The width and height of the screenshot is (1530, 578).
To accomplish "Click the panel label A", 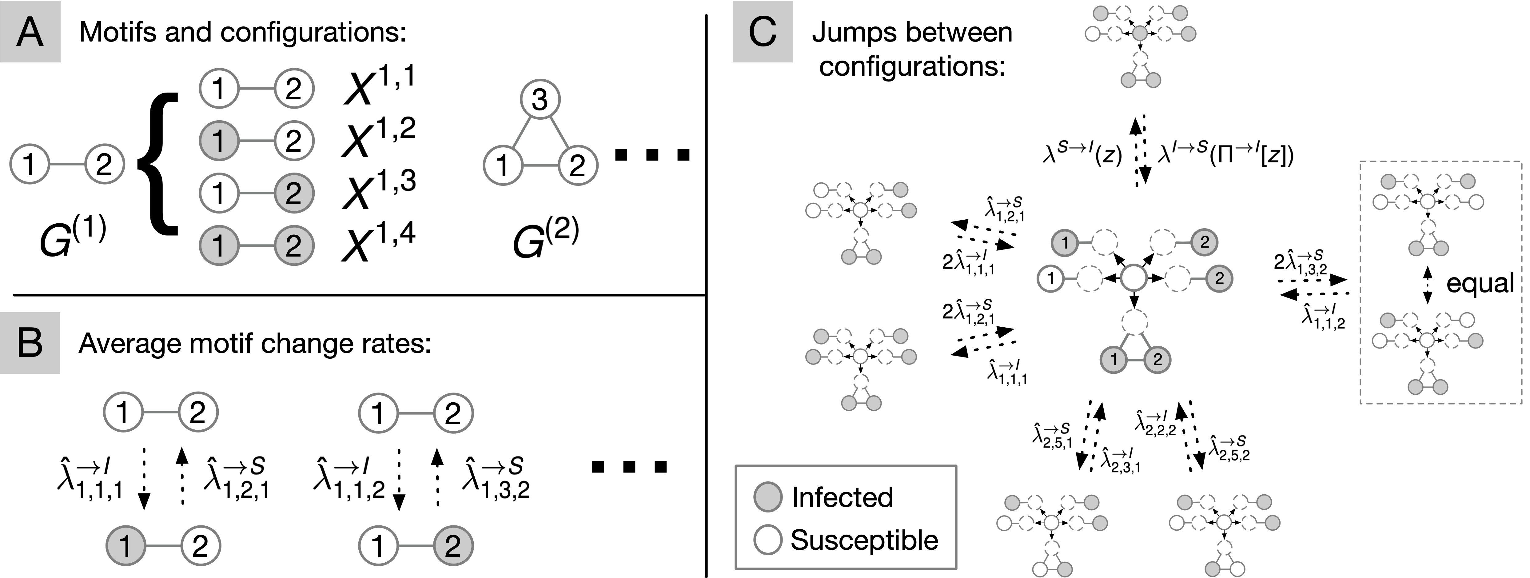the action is click(30, 31).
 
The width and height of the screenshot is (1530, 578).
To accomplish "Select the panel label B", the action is click(30, 343).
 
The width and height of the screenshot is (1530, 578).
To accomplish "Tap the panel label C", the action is click(763, 31).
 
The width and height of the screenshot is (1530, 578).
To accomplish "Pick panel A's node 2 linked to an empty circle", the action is click(294, 193).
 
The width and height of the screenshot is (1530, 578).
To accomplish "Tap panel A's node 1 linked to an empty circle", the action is click(219, 141).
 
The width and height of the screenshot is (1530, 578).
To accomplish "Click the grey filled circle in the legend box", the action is click(767, 496).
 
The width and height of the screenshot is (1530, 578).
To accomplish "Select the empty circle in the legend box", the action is click(767, 539).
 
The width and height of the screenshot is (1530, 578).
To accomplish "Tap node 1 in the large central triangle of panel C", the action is click(1114, 359).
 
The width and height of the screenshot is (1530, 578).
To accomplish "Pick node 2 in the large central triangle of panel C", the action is click(1156, 359).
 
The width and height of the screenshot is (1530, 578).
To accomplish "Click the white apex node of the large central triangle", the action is click(1134, 323).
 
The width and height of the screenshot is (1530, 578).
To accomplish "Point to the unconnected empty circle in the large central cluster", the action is click(1133, 278).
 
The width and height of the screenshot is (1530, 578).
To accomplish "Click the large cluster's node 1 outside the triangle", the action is click(1065, 242).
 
